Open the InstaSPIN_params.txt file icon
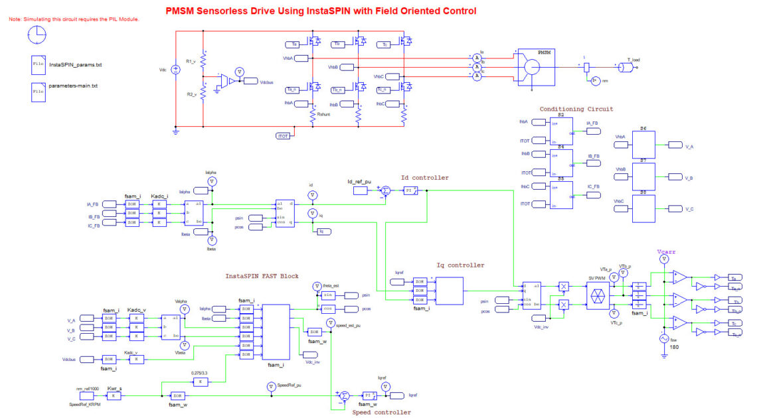38,65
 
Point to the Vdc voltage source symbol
176,70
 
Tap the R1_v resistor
203,60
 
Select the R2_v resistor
203,93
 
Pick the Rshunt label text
324,114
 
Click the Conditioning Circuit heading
576,109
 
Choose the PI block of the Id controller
409,191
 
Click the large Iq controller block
446,290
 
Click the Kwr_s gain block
114,395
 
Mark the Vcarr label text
665,253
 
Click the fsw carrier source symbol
663,338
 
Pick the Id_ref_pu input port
359,191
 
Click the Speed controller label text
381,413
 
